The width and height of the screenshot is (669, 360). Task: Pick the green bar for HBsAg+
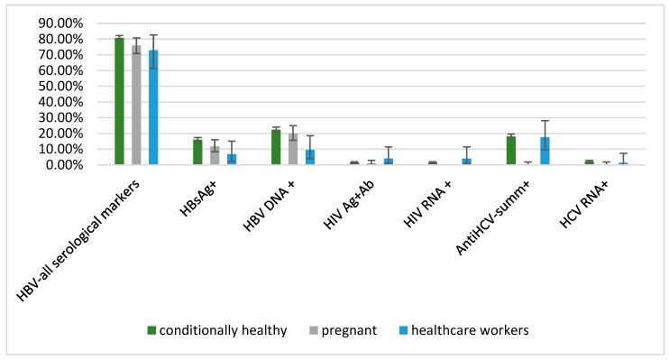point(197,152)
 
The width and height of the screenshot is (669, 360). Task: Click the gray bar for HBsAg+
point(215,155)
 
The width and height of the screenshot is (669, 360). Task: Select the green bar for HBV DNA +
point(276,147)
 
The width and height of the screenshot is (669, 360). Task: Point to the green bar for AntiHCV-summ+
point(511,151)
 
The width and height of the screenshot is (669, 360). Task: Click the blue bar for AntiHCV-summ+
point(545,152)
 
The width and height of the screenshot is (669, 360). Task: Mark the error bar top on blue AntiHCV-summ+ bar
point(545,121)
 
